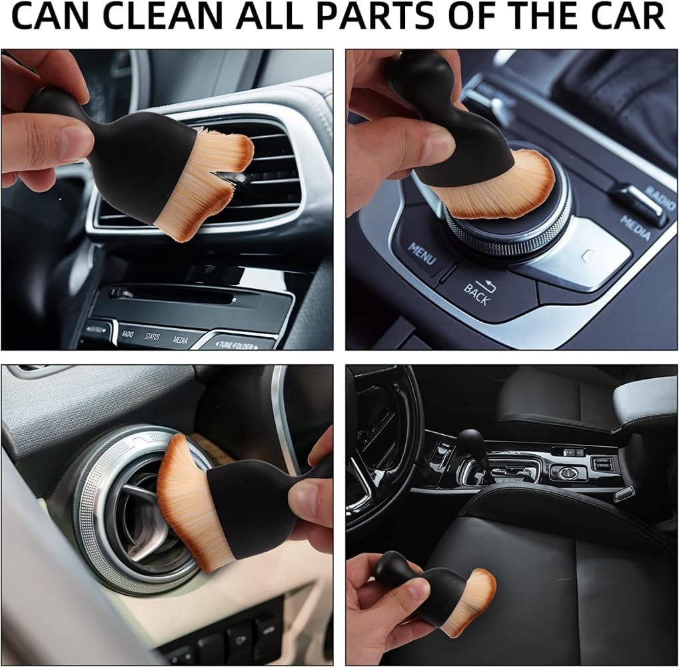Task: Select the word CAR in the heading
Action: [623, 18]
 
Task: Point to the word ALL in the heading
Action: [271, 18]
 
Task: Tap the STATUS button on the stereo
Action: [152, 336]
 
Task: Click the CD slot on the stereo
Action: [173, 294]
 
